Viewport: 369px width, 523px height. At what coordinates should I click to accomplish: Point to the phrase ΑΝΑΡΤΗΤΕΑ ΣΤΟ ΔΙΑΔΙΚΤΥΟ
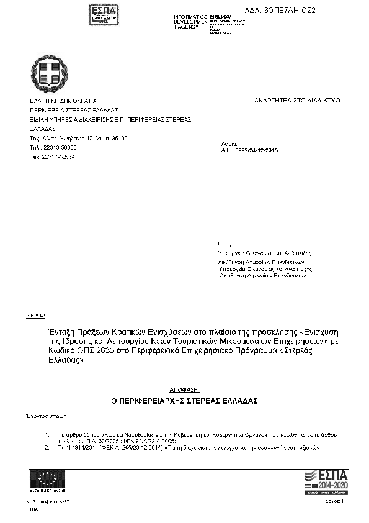pyautogui.click(x=298, y=100)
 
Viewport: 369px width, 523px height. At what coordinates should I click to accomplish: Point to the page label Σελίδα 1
pyautogui.click(x=334, y=500)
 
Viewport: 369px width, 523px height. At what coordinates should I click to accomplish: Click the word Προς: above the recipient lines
pyautogui.click(x=225, y=245)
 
